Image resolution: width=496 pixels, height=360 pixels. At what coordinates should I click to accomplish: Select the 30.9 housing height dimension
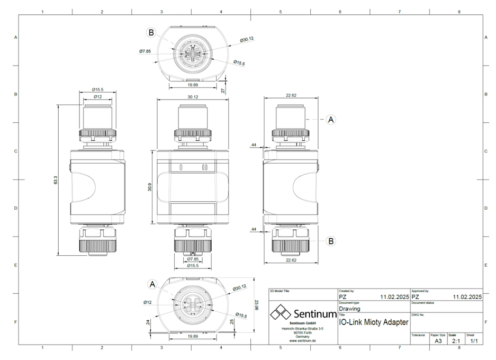coord(150,187)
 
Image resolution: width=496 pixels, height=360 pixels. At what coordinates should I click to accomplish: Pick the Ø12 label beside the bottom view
coord(148,302)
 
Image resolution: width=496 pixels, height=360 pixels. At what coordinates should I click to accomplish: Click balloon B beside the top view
coord(151,33)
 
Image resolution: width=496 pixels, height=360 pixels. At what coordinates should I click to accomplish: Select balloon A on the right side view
coord(331,120)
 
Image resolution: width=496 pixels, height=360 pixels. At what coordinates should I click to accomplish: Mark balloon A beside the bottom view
coord(152,284)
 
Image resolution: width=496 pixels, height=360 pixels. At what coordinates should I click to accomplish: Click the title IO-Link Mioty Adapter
coord(373,321)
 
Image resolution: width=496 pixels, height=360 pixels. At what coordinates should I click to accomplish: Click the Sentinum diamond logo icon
coord(281,313)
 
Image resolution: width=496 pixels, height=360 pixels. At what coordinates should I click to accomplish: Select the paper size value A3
coord(438,341)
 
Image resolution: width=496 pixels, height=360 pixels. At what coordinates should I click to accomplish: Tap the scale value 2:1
coord(454,341)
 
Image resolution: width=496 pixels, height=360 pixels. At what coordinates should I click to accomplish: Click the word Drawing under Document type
coord(349,309)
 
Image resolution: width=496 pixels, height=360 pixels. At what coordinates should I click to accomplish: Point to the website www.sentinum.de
coord(303,341)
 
